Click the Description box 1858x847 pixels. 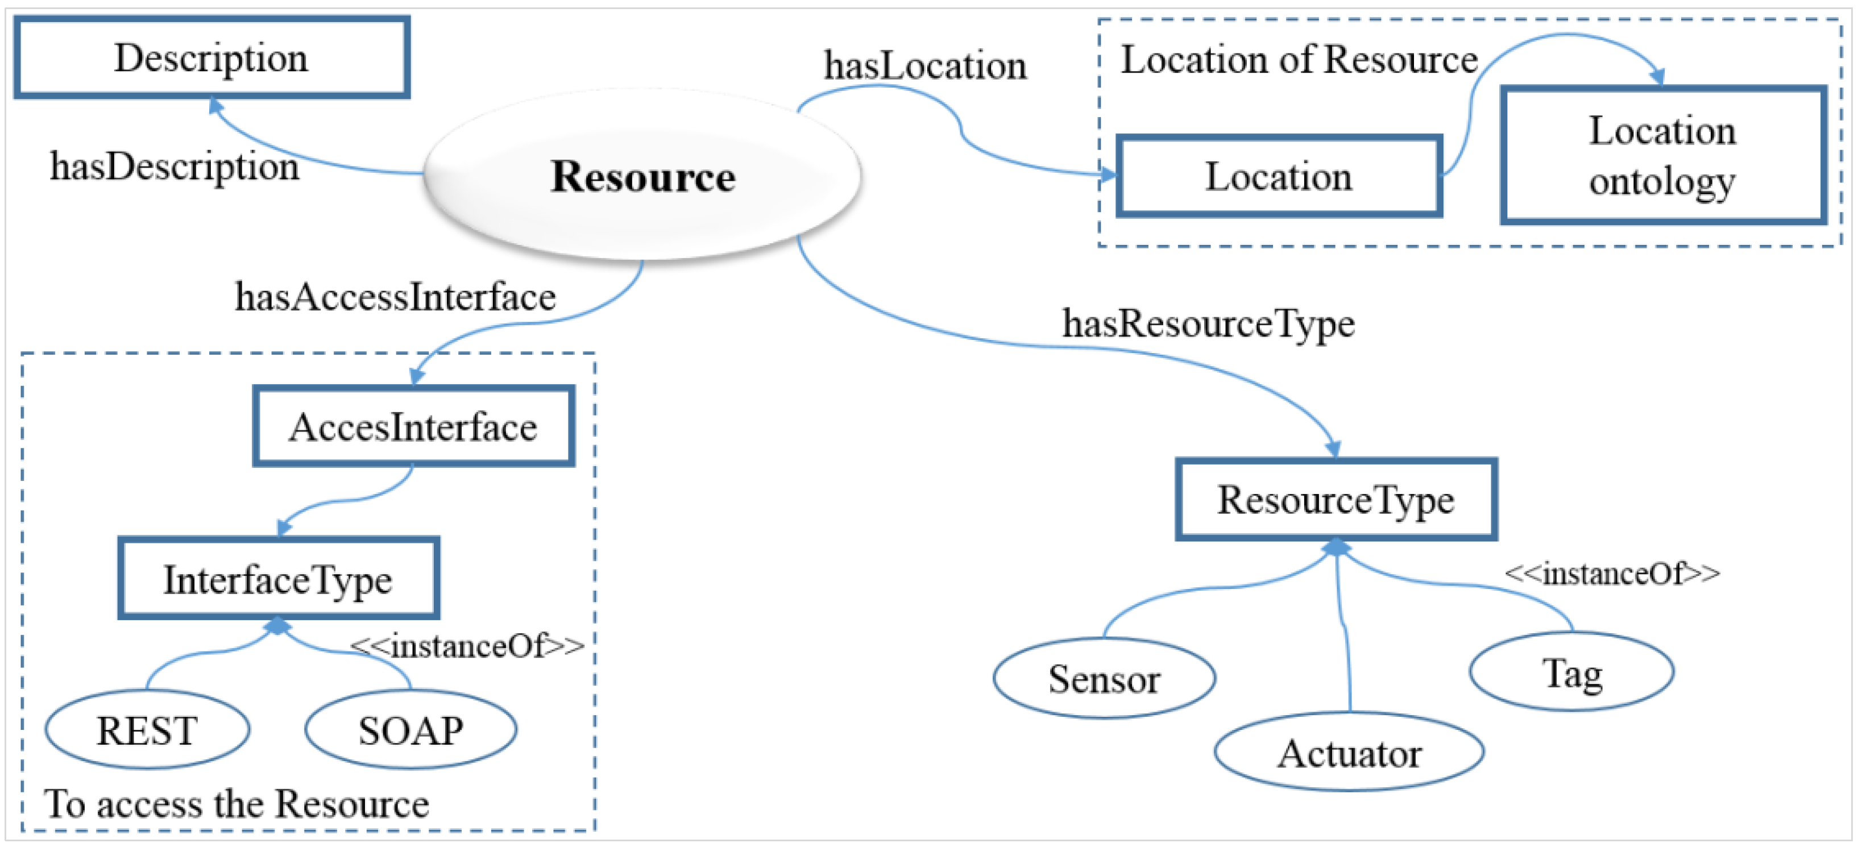[x=211, y=58]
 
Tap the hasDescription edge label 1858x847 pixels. [x=174, y=167]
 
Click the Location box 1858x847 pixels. [x=1278, y=177]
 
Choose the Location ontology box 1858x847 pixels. [x=1662, y=156]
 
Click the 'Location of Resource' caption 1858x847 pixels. [x=1299, y=59]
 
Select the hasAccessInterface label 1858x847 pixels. [x=395, y=297]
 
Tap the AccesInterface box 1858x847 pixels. [x=413, y=427]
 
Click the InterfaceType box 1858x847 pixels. [x=279, y=579]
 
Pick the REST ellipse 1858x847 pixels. [x=147, y=730]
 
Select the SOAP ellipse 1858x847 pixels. [x=410, y=730]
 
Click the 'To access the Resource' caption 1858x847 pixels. [x=237, y=804]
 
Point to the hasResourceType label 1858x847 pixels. [x=1208, y=324]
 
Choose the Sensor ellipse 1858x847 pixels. [x=1104, y=679]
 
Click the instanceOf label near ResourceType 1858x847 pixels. [x=1611, y=574]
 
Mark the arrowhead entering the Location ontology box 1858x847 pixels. [x=1657, y=77]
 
